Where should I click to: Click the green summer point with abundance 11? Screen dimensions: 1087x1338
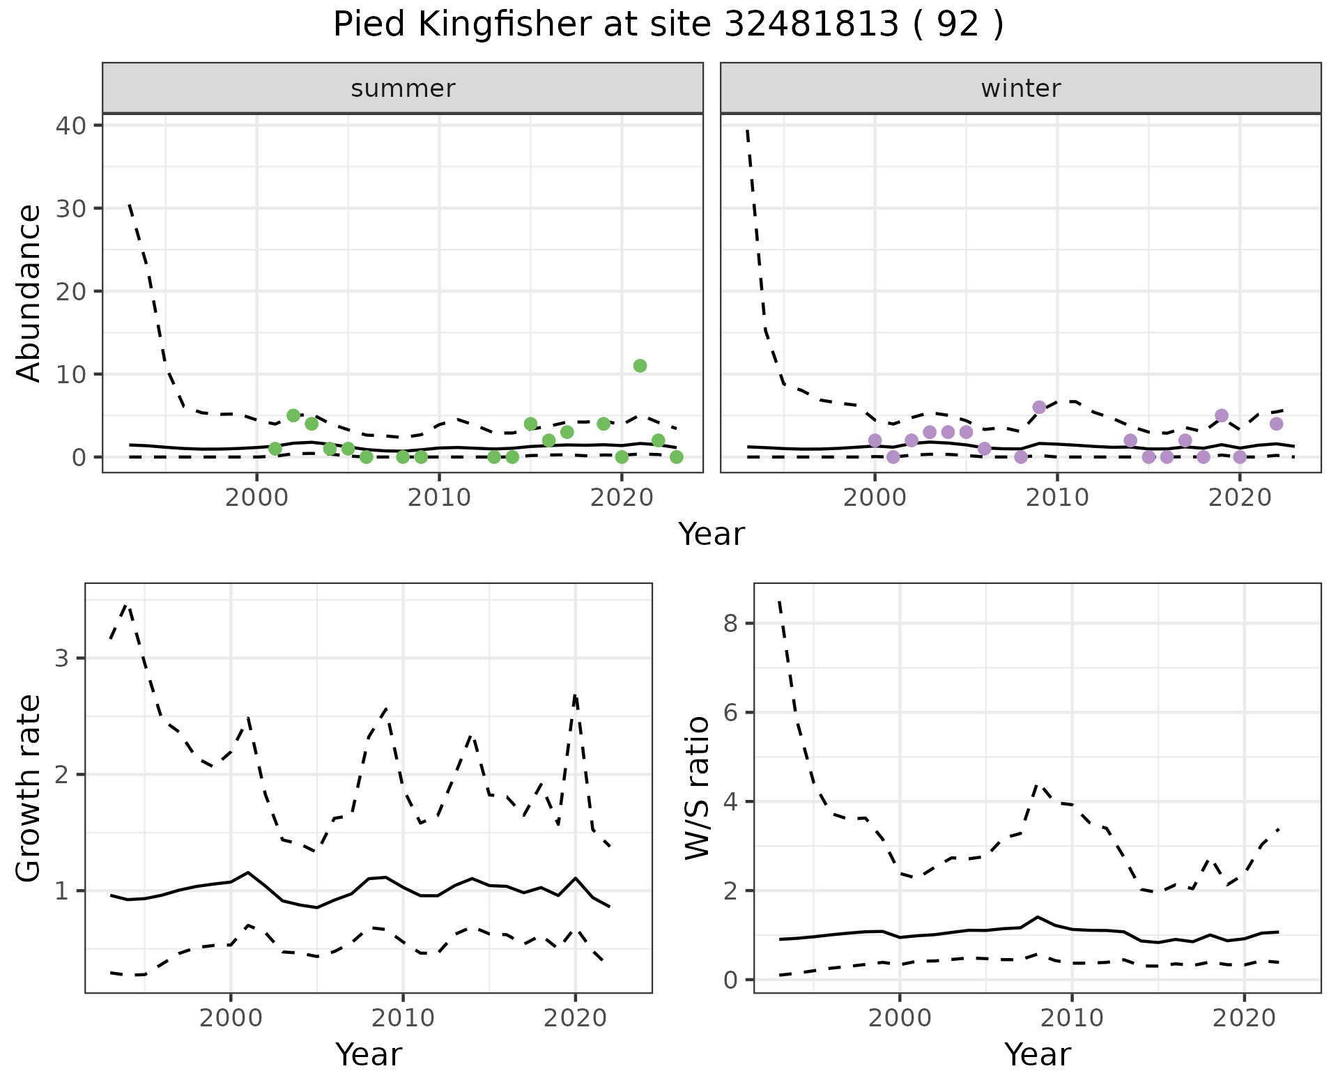click(x=640, y=366)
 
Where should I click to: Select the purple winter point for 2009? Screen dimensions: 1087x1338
click(x=1039, y=408)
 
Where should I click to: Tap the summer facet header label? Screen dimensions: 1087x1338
click(x=403, y=88)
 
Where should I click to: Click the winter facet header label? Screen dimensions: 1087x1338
click(x=1021, y=88)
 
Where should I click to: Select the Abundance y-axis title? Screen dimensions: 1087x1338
click(x=29, y=293)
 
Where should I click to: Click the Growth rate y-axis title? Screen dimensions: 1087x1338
click(x=29, y=788)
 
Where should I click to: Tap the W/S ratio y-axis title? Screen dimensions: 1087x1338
click(x=698, y=788)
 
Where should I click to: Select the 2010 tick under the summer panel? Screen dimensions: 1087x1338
click(x=439, y=498)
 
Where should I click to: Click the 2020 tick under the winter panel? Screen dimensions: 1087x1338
click(x=1239, y=498)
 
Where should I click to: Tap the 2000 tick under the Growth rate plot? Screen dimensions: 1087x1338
click(x=231, y=1018)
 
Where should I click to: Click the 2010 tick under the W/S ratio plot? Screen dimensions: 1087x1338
click(x=1072, y=1018)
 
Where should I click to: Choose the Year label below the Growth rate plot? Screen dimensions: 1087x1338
click(x=369, y=1055)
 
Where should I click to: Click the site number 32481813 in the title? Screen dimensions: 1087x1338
click(x=811, y=25)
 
